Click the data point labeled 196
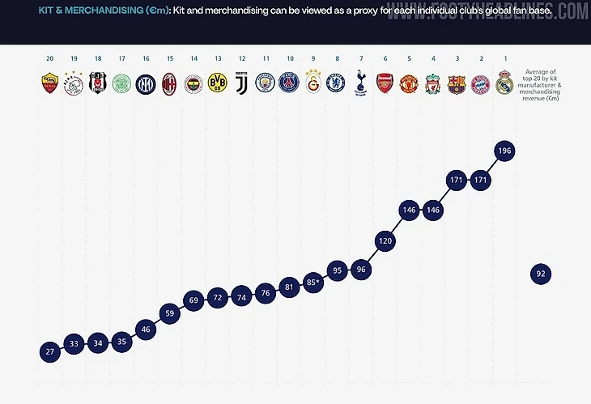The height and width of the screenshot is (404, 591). click(505, 151)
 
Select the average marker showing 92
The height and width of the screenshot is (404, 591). click(542, 274)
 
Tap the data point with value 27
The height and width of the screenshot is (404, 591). click(50, 351)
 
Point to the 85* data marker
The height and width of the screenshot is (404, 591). click(313, 283)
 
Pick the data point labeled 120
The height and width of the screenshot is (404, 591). click(385, 240)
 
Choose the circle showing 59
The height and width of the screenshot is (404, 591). click(169, 313)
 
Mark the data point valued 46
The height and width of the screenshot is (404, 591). click(146, 330)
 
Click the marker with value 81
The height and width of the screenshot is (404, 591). click(289, 287)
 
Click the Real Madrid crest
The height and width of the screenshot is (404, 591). click(505, 83)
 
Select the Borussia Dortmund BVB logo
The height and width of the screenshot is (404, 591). click(217, 83)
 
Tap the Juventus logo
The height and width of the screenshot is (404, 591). click(241, 83)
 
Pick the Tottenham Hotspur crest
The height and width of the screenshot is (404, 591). click(361, 83)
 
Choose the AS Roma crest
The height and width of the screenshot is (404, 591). click(50, 83)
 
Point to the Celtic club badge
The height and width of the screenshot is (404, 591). click(121, 83)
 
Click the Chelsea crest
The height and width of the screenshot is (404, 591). click(337, 83)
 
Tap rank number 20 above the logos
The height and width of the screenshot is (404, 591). click(50, 59)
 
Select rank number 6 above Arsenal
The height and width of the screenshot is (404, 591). click(385, 59)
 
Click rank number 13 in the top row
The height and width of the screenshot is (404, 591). click(217, 59)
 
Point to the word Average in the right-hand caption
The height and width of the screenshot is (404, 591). click(542, 72)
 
